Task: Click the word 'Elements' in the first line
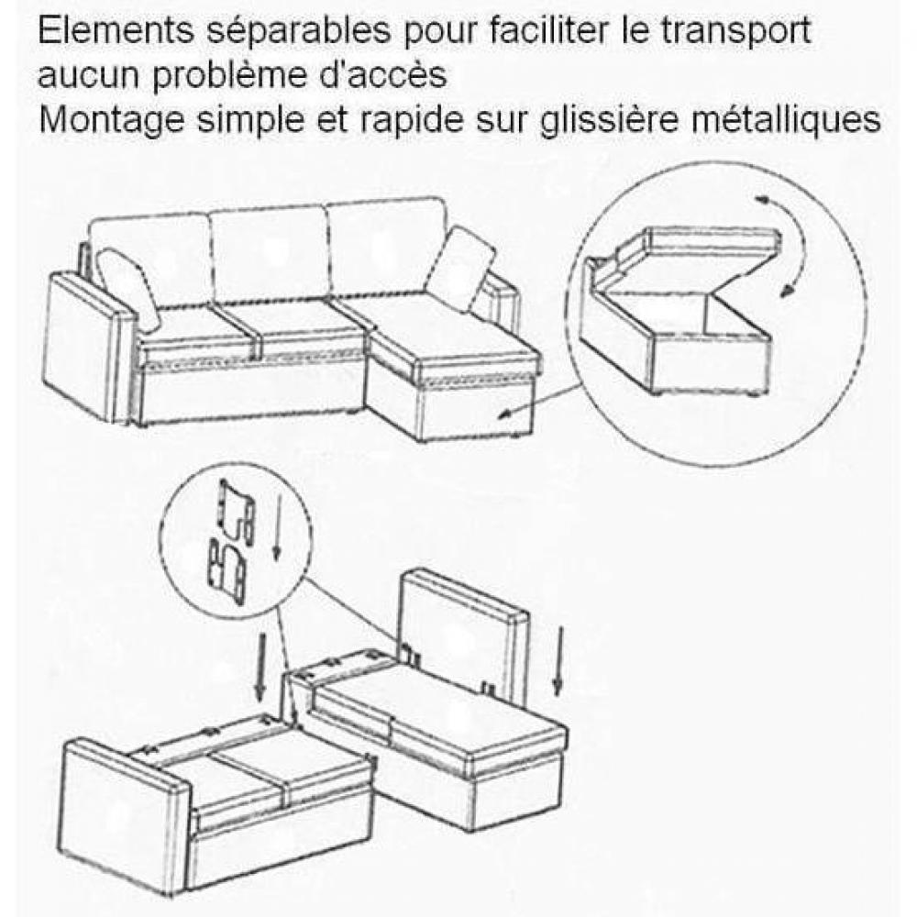coord(116,30)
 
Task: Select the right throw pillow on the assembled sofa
coord(462,268)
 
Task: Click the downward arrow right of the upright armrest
coord(558,661)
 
